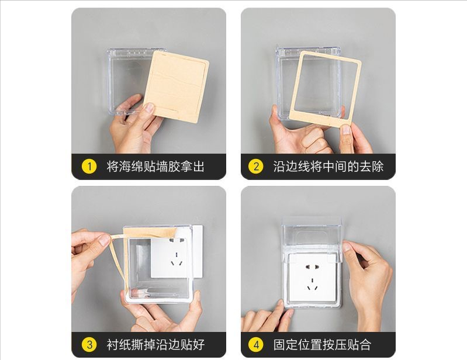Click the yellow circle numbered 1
click(89, 167)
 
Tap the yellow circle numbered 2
click(256, 167)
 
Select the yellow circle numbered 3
click(89, 345)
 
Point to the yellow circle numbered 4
click(256, 345)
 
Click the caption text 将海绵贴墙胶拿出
click(155, 167)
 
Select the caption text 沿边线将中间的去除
click(328, 167)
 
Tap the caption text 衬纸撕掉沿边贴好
click(155, 345)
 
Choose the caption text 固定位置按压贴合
click(322, 345)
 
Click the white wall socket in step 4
click(313, 277)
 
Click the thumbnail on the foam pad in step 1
click(148, 108)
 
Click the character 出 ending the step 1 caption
click(199, 167)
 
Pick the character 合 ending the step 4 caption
click(365, 345)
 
